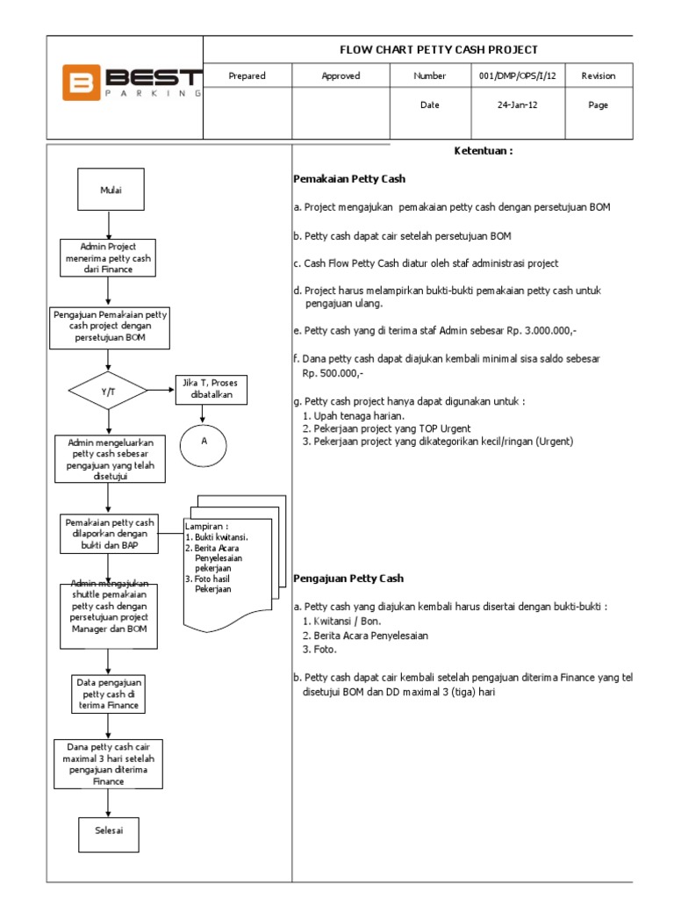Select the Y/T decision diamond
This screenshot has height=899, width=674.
108,391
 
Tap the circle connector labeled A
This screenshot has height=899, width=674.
204,442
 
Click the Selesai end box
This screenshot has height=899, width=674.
108,830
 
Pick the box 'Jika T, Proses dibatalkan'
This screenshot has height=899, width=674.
211,389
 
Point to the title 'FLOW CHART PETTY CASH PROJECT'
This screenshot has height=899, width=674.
439,50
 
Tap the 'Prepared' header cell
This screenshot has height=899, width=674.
247,76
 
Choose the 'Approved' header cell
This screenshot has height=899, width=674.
341,76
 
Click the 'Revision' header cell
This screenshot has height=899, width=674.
598,76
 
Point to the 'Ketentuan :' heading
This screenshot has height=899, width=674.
483,151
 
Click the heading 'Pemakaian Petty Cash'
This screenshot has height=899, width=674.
349,179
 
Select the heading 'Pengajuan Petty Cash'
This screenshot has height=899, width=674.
348,579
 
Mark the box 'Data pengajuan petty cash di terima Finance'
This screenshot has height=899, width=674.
108,694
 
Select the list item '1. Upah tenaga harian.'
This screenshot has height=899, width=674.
353,415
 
